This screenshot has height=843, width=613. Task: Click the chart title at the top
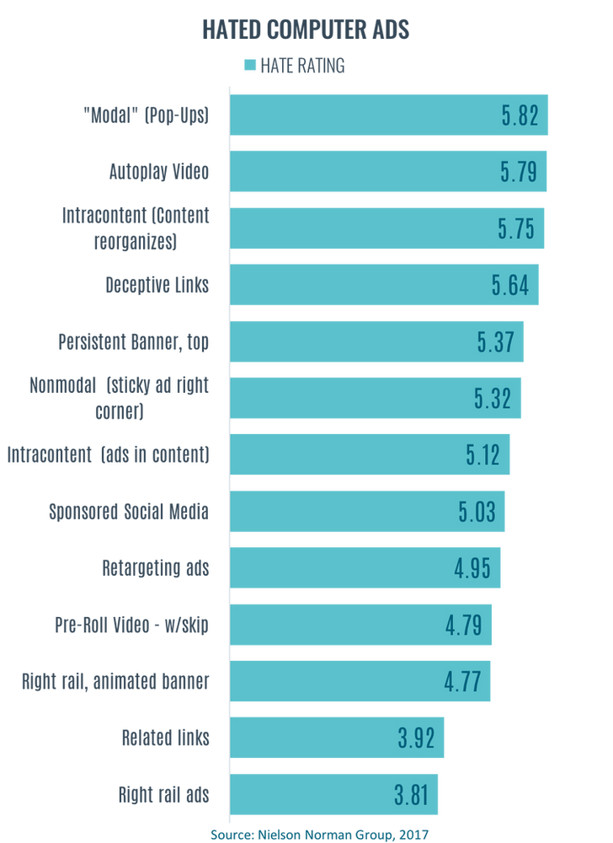306,32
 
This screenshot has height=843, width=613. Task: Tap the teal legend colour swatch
248,67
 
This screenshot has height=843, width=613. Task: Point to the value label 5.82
519,116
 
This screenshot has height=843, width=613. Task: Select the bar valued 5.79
389,172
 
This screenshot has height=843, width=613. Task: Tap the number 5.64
510,286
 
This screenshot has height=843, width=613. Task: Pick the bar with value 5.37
378,342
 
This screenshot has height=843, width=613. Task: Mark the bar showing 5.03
369,512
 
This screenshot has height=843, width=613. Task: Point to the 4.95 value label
473,568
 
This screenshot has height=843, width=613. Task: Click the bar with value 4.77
361,682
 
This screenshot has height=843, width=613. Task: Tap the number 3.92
417,738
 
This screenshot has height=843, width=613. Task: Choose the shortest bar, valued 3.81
334,795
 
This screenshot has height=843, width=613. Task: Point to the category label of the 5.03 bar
128,512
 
